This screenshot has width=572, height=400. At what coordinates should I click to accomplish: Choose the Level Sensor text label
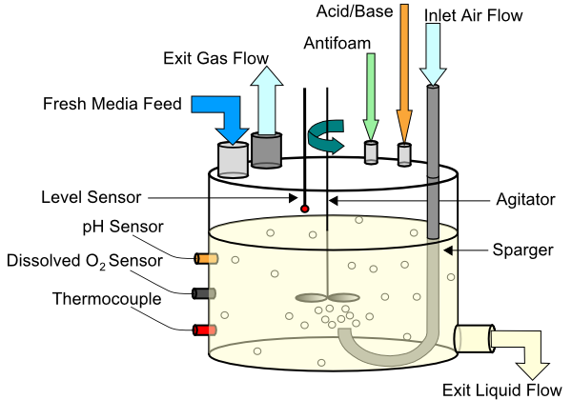[x=91, y=197]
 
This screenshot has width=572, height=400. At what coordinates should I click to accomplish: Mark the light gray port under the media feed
[x=233, y=160]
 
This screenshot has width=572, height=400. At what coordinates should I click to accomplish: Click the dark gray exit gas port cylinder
[x=267, y=150]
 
